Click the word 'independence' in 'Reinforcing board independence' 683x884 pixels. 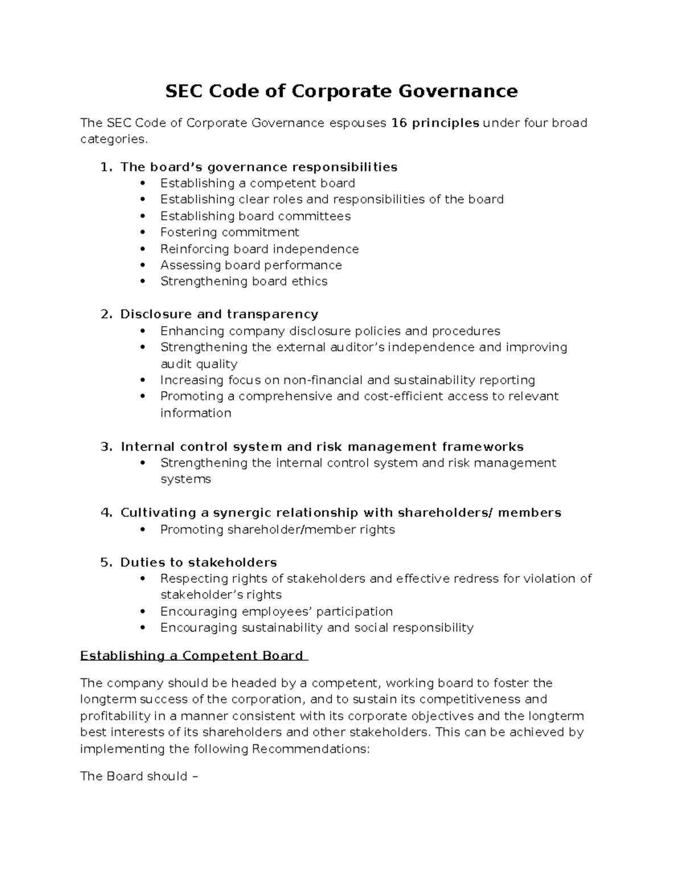pyautogui.click(x=323, y=249)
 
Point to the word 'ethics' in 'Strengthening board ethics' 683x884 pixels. pyautogui.click(x=310, y=281)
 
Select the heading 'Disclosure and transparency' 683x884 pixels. pyautogui.click(x=219, y=314)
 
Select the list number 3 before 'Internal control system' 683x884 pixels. pyautogui.click(x=105, y=447)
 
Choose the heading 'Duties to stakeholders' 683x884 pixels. pyautogui.click(x=198, y=562)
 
